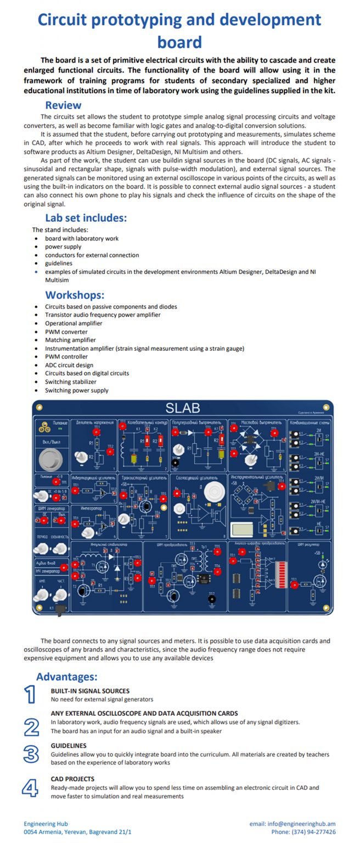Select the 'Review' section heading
tap(63, 105)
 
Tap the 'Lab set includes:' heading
tap(86, 218)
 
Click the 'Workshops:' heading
tap(75, 295)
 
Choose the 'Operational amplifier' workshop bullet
tap(74, 323)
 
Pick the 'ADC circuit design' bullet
tap(69, 365)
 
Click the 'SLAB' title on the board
tap(183, 408)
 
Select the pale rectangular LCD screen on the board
tap(241, 530)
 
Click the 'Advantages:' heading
tap(66, 677)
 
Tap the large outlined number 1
tap(30, 694)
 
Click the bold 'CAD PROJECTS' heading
tap(72, 779)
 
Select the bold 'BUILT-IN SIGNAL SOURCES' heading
tap(90, 691)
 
